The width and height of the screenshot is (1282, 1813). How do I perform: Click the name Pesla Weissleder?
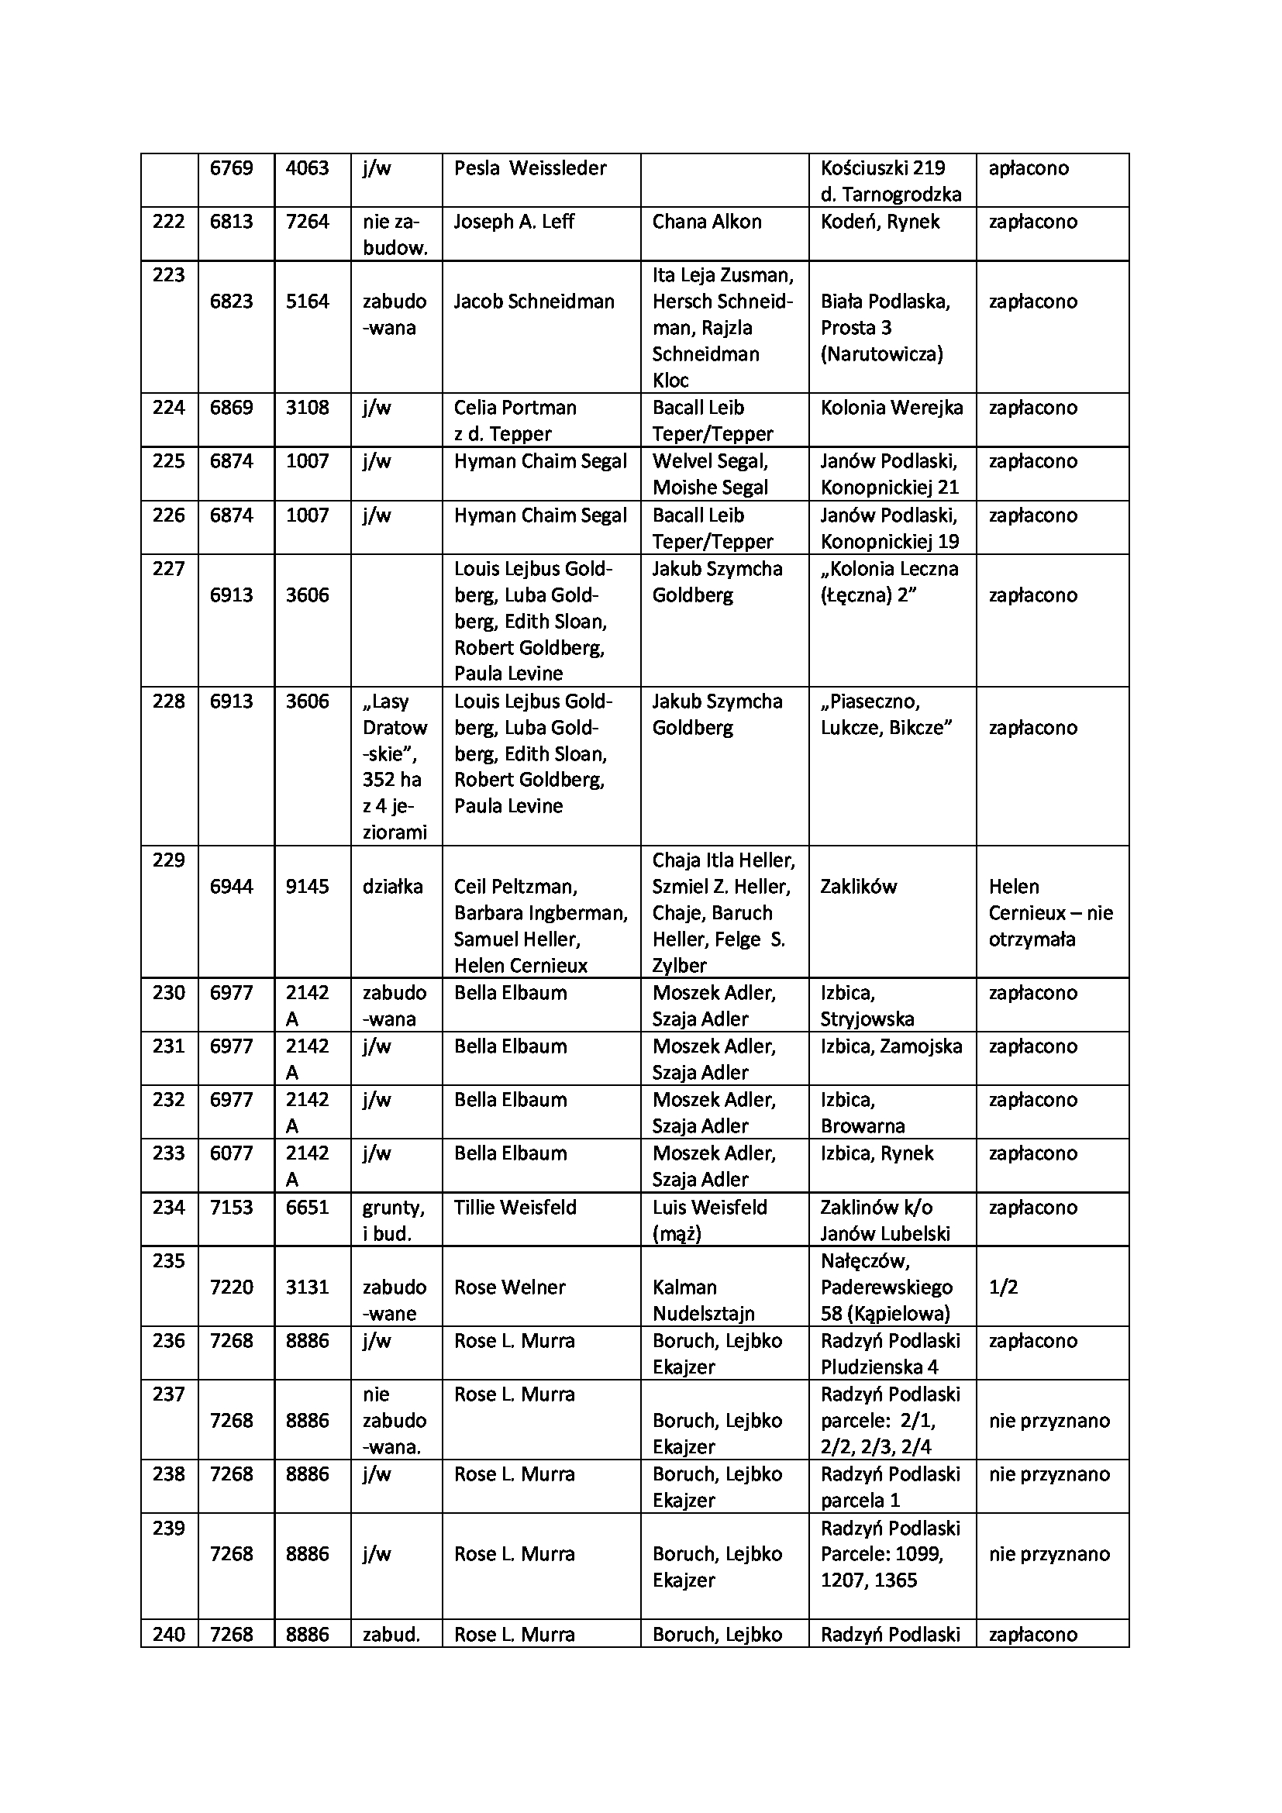pyautogui.click(x=529, y=168)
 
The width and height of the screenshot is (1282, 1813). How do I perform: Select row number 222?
pyautogui.click(x=168, y=222)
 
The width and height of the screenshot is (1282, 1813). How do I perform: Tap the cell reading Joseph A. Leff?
pyautogui.click(x=514, y=222)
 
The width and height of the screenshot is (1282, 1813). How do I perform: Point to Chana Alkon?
pyautogui.click(x=707, y=222)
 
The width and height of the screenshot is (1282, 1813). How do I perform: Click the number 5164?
pyautogui.click(x=307, y=302)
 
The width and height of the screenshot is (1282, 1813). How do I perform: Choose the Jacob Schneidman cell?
pyautogui.click(x=533, y=302)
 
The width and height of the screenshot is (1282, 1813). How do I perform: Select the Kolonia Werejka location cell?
pyautogui.click(x=891, y=408)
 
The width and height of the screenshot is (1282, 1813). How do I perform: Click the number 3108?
pyautogui.click(x=307, y=408)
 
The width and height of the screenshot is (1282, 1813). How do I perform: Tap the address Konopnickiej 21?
pyautogui.click(x=890, y=488)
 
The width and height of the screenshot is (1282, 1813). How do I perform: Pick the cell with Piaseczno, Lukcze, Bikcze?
pyautogui.click(x=886, y=715)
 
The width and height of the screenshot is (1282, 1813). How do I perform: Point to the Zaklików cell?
pyautogui.click(x=858, y=887)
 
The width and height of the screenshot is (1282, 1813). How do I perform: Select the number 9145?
pyautogui.click(x=307, y=887)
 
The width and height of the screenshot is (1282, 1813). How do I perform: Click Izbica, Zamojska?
pyautogui.click(x=891, y=1047)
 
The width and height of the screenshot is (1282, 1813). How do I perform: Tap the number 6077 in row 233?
pyautogui.click(x=231, y=1153)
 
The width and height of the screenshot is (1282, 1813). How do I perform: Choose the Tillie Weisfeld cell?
pyautogui.click(x=515, y=1208)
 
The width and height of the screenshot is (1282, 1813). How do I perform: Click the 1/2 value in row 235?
pyautogui.click(x=1003, y=1287)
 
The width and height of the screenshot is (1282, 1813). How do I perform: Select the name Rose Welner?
pyautogui.click(x=509, y=1287)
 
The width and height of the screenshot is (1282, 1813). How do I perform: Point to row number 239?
pyautogui.click(x=168, y=1528)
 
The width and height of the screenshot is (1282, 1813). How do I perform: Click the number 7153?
pyautogui.click(x=231, y=1208)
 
